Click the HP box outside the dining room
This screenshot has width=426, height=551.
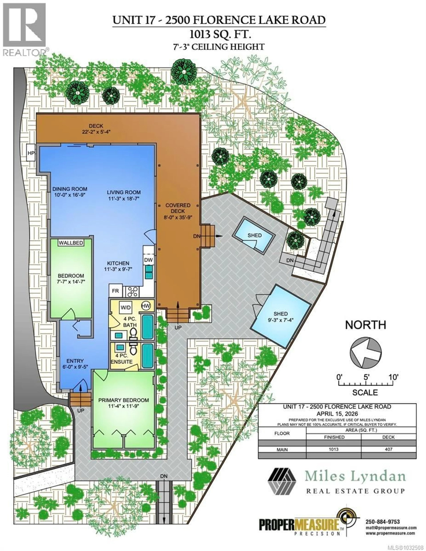pyautogui.click(x=31, y=153)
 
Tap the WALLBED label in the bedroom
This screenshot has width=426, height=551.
pyautogui.click(x=71, y=243)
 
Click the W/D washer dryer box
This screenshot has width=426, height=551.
pyautogui.click(x=125, y=307)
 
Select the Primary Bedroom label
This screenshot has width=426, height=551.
pyautogui.click(x=123, y=400)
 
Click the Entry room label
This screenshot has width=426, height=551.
pyautogui.click(x=75, y=361)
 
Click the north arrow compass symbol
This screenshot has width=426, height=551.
pyautogui.click(x=365, y=353)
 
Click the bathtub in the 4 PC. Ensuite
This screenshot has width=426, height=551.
pyautogui.click(x=147, y=356)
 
